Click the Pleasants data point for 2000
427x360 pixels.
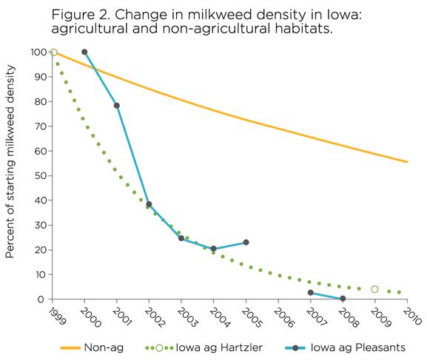click(x=84, y=52)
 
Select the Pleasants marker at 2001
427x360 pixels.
click(x=117, y=106)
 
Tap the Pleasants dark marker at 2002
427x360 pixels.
click(x=149, y=204)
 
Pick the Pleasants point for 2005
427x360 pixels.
click(x=246, y=242)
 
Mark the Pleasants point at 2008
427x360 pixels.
click(x=343, y=299)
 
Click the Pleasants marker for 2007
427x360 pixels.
click(x=311, y=293)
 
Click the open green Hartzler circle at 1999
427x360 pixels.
click(x=54, y=52)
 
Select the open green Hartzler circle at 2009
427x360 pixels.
click(x=374, y=289)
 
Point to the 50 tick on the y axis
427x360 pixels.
click(x=39, y=175)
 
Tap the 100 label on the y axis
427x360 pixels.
click(x=38, y=52)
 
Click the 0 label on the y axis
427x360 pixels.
click(x=41, y=299)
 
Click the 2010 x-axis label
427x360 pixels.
click(x=412, y=316)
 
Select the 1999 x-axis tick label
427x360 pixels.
click(x=57, y=316)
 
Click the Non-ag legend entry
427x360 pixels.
click(x=92, y=347)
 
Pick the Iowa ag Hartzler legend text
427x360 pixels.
click(x=219, y=347)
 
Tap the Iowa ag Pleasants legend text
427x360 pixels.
click(x=358, y=347)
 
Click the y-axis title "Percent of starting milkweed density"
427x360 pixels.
click(x=10, y=161)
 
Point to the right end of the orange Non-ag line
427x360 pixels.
click(x=408, y=162)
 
